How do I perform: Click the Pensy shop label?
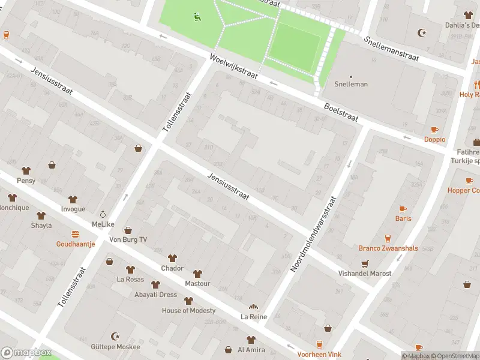pyautogui.click(x=26, y=181)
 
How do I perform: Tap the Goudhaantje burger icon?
pyautogui.click(x=76, y=234)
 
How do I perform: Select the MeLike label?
pyautogui.click(x=103, y=224)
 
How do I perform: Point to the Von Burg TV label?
pyautogui.click(x=128, y=239)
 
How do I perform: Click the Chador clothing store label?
pyautogui.click(x=172, y=268)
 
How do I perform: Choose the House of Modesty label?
pyautogui.click(x=188, y=310)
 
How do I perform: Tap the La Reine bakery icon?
pyautogui.click(x=253, y=307)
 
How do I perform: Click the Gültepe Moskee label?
pyautogui.click(x=116, y=347)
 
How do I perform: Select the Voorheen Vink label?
pyautogui.click(x=319, y=355)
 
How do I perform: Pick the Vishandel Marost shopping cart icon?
pyautogui.click(x=364, y=263)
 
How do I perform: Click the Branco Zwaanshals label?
pyautogui.click(x=388, y=248)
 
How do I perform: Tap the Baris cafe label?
pyautogui.click(x=403, y=218)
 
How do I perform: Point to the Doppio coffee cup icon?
pyautogui.click(x=435, y=130)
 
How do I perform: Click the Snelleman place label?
pyautogui.click(x=351, y=84)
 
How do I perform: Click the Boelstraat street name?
pyautogui.click(x=340, y=112)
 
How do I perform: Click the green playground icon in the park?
pyautogui.click(x=197, y=16)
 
